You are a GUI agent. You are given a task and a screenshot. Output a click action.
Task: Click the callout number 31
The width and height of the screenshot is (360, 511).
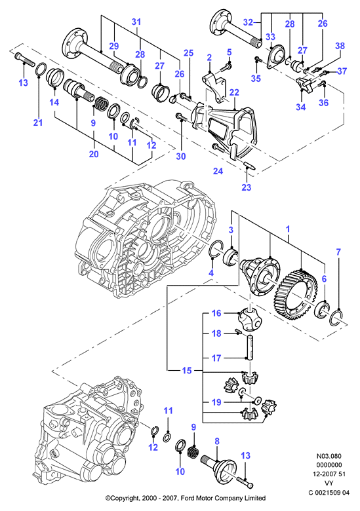tap(136, 22)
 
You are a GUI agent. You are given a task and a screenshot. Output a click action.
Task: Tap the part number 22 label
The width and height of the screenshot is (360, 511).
tap(234, 92)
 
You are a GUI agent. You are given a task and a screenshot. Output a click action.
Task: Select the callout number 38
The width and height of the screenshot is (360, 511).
tap(340, 46)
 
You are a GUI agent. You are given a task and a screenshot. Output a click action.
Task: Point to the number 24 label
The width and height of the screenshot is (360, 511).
tap(218, 170)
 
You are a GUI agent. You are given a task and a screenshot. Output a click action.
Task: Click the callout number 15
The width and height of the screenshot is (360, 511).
tap(187, 371)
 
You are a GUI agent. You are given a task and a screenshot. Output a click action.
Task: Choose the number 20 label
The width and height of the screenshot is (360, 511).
tap(94, 154)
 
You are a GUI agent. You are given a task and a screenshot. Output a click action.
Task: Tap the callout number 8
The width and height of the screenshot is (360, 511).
tap(217, 442)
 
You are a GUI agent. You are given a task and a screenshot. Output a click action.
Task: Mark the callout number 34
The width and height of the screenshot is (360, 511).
tap(300, 107)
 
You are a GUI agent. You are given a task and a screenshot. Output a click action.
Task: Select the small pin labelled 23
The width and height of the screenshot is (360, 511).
tap(250, 165)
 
